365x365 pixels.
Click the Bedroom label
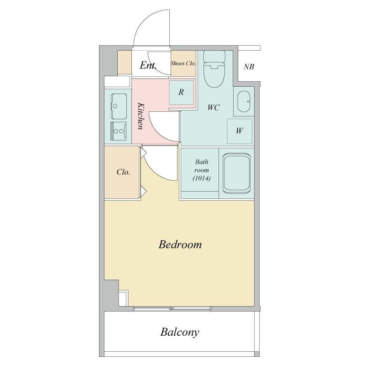[x=180, y=245]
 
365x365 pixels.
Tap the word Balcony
[x=180, y=332]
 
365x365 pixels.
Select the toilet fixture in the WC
[x=214, y=69]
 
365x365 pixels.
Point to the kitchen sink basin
[x=119, y=106]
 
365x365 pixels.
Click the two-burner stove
[x=119, y=131]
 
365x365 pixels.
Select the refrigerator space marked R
[x=181, y=93]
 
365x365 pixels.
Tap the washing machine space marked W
[x=240, y=131]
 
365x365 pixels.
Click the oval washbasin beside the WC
[x=244, y=101]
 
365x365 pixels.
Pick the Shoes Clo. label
[x=183, y=63]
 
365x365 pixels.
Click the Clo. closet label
[x=123, y=172]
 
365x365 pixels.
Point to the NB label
[x=249, y=67]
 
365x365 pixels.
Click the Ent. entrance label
[x=148, y=65]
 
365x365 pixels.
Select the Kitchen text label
[x=141, y=116]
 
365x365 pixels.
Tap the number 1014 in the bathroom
[x=202, y=178]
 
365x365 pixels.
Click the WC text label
[x=214, y=108]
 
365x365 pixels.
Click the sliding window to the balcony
[x=172, y=309]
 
